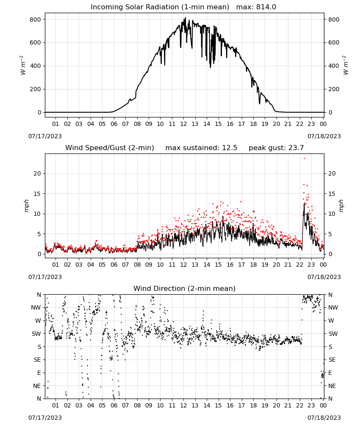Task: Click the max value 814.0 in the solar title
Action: tap(266, 7)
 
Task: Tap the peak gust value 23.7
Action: tap(295, 148)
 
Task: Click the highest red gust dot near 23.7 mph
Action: tap(305, 159)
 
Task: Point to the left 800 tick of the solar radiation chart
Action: tap(36, 20)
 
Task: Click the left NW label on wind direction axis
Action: tap(36, 308)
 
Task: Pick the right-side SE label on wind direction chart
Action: tap(332, 360)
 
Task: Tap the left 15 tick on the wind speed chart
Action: tap(37, 194)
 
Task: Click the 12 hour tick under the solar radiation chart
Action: tap(184, 124)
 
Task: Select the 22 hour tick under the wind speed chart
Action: tap(300, 265)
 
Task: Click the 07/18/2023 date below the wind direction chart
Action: tap(324, 418)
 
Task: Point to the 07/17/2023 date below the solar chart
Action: tap(45, 136)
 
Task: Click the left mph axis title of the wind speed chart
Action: tap(26, 206)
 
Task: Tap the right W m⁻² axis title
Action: tap(346, 65)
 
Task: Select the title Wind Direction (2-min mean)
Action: tap(185, 288)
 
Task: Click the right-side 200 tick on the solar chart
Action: tap(334, 89)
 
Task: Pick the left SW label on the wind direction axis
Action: tap(36, 334)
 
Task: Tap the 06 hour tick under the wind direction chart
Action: tap(114, 405)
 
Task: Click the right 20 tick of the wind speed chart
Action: tap(332, 173)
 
